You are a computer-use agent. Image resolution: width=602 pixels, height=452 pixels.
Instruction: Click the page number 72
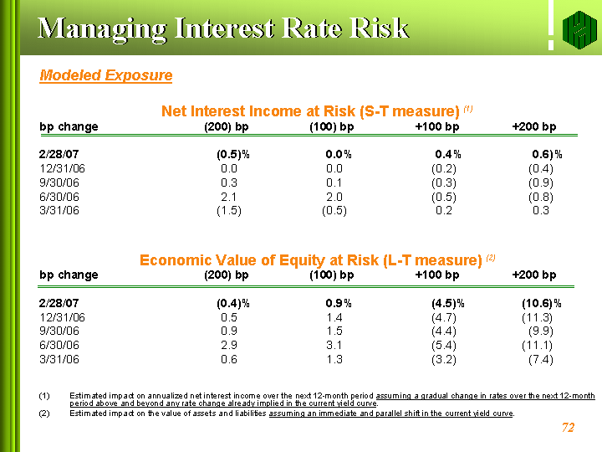569,428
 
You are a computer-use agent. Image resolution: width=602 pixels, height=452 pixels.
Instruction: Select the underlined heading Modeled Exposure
106,75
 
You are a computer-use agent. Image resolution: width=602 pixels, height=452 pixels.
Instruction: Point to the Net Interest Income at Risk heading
310,110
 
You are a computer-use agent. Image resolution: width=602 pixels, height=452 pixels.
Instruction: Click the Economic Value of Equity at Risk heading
310,259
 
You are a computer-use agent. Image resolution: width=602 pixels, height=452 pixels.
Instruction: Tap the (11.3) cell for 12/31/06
537,317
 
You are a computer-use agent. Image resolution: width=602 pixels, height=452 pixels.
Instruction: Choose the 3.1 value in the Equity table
334,346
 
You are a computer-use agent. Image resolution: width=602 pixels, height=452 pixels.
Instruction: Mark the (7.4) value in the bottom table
540,360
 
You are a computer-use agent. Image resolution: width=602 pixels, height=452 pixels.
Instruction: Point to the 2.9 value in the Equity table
229,346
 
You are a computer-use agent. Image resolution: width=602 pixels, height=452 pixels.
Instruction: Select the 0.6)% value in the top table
547,154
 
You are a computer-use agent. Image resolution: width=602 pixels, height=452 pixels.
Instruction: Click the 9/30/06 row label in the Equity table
59,331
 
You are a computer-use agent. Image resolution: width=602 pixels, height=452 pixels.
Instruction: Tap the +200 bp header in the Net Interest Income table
533,127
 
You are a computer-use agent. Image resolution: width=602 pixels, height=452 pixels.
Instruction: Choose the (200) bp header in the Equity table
227,275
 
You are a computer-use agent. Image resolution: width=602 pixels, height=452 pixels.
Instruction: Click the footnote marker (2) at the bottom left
45,413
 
